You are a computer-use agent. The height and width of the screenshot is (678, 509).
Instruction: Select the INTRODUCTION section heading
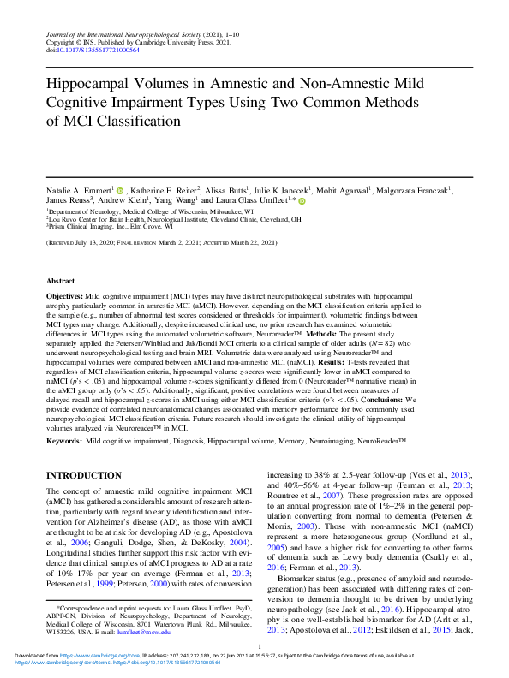click(x=83, y=475)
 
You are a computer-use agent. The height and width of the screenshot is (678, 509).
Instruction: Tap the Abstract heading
click(x=61, y=280)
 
